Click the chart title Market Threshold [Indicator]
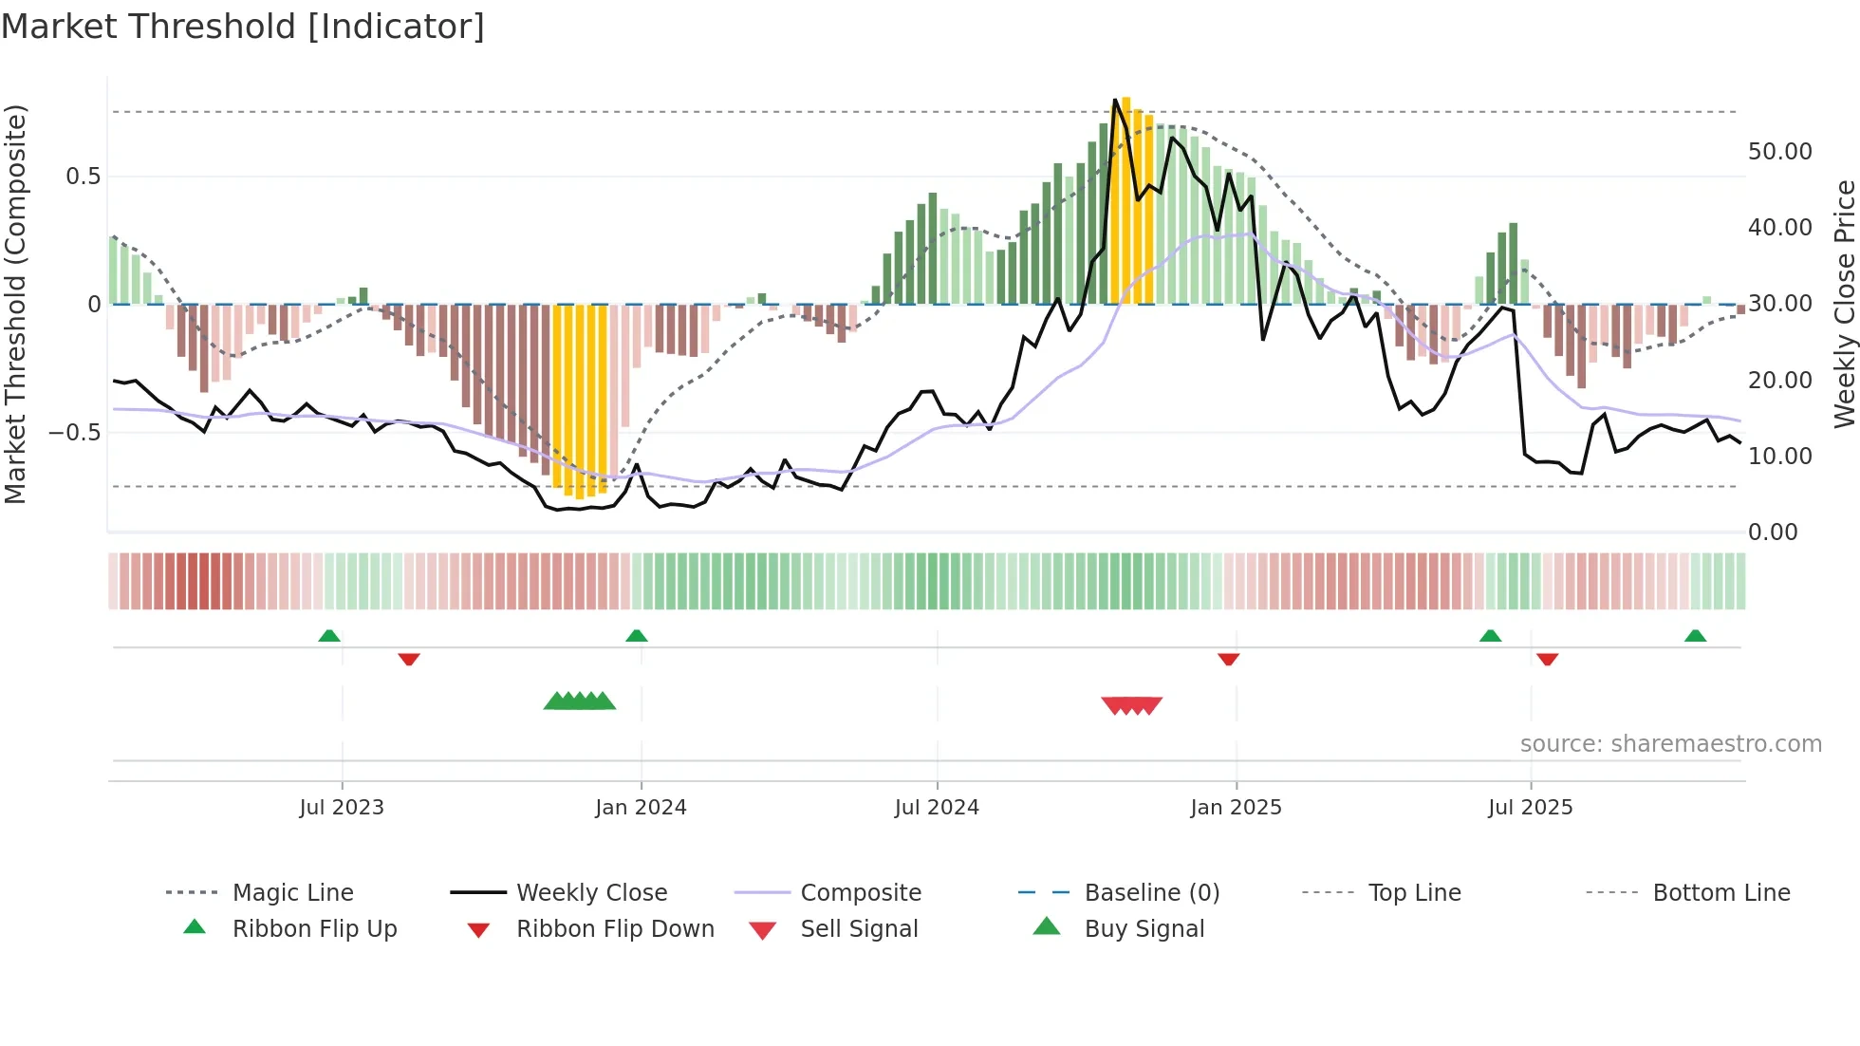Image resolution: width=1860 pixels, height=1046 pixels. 243,27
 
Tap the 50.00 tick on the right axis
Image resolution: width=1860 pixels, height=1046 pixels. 1779,152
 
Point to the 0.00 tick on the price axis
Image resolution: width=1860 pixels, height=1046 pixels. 1772,532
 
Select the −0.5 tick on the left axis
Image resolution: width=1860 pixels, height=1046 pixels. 75,433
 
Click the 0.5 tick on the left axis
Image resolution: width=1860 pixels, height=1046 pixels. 83,177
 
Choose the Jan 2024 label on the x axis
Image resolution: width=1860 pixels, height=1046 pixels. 641,808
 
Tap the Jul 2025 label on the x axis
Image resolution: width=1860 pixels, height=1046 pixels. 1530,808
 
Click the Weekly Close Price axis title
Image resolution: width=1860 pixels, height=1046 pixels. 1844,304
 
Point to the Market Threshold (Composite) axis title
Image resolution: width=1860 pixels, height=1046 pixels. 15,304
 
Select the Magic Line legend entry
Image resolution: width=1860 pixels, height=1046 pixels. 292,893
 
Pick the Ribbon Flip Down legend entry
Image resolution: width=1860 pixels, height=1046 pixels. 615,929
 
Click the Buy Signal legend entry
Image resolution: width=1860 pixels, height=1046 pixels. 1144,929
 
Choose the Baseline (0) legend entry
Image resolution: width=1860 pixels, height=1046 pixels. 1151,893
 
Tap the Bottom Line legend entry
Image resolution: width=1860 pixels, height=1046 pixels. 1720,893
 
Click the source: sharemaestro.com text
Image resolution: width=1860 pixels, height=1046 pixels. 1670,744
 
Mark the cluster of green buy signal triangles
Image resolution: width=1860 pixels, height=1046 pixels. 580,701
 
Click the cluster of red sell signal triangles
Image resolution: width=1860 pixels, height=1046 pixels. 1131,705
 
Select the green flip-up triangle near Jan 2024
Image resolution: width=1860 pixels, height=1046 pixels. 637,635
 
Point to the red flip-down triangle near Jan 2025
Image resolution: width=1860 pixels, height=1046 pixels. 1228,659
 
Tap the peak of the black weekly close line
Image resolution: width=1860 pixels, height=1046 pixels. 1116,100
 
